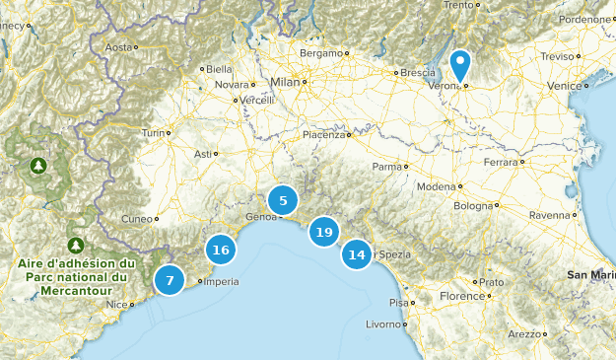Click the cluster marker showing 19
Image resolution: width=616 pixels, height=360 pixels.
323,233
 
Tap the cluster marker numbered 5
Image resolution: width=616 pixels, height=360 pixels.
283,201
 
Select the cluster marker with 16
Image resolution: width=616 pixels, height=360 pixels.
221,250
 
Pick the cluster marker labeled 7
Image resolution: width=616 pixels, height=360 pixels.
170,281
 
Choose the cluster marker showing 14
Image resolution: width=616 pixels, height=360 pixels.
357,254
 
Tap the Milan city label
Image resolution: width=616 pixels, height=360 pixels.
284,82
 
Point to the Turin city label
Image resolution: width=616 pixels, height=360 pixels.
153,132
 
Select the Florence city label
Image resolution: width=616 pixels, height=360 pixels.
461,296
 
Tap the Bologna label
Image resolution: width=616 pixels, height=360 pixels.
472,206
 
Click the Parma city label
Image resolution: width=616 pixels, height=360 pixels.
387,167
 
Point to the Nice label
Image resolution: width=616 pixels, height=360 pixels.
117,304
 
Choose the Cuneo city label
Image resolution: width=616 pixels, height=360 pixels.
136,219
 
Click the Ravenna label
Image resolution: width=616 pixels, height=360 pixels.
549,214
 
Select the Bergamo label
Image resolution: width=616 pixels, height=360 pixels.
320,52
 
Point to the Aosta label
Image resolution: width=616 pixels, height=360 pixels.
117,46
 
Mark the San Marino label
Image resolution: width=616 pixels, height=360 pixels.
590,274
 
